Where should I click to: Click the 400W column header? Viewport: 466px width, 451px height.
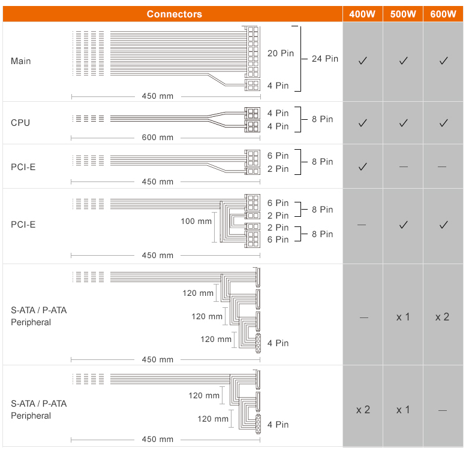[362, 14]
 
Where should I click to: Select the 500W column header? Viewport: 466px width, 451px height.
[403, 14]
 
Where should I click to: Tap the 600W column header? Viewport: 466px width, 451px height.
[443, 14]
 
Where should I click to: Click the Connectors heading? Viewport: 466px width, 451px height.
[175, 14]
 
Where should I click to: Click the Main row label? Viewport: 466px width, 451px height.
[21, 61]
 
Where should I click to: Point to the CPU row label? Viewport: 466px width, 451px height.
[20, 123]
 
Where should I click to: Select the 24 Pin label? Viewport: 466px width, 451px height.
[325, 59]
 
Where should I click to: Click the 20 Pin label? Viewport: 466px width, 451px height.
[281, 53]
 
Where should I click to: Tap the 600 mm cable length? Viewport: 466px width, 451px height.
[158, 137]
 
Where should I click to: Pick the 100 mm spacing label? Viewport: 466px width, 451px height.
[196, 221]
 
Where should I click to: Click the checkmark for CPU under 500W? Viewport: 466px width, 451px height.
[403, 123]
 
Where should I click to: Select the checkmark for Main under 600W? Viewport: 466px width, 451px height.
[444, 61]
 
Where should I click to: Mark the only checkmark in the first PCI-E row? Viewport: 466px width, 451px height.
[363, 167]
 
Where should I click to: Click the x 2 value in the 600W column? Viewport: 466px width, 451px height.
[442, 317]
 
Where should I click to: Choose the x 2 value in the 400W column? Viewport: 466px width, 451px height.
[363, 410]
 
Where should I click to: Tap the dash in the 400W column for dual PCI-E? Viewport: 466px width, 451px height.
[362, 225]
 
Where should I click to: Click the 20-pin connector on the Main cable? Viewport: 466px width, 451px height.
[253, 52]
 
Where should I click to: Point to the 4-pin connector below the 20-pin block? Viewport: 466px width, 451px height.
[252, 85]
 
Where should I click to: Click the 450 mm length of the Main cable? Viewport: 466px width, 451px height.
[158, 96]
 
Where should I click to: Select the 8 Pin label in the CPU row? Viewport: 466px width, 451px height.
[323, 119]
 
